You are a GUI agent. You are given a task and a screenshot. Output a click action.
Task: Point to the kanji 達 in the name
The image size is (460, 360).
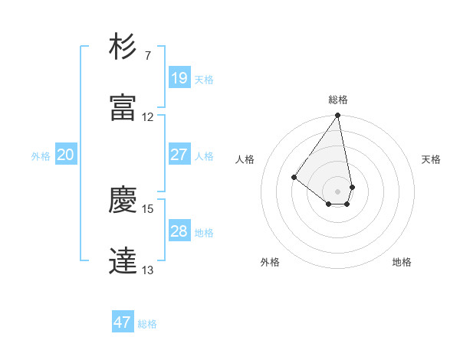[x=123, y=261]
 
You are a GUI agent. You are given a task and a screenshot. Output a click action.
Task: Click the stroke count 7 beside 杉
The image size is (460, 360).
[x=147, y=56]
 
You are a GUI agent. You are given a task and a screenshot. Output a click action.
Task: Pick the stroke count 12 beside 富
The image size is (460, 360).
[x=148, y=117]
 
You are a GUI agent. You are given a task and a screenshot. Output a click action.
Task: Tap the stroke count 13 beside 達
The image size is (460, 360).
[x=148, y=270]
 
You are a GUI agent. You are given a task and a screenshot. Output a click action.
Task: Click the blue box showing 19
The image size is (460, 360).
[x=179, y=78]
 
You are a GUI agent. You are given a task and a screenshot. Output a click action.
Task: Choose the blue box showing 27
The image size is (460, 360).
[x=179, y=155]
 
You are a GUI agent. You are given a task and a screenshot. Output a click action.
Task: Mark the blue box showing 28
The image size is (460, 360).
[x=179, y=231]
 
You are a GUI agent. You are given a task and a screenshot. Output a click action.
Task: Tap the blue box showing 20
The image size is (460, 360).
[x=65, y=155]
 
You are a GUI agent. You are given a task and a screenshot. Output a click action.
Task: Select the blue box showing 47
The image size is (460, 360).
[x=123, y=322]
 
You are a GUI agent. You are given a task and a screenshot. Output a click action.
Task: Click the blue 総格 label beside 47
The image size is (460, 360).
[x=147, y=324]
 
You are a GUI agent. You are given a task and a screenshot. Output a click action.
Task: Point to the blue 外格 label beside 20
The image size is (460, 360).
[x=41, y=156]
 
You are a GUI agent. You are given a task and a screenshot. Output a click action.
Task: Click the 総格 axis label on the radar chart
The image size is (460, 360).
[x=338, y=100]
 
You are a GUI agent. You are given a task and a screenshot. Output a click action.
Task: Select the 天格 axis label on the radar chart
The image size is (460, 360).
[x=431, y=159]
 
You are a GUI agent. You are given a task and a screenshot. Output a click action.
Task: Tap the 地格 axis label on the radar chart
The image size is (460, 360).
[x=402, y=263]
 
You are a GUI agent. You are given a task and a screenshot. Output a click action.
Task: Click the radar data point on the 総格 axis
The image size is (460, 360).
[x=337, y=116]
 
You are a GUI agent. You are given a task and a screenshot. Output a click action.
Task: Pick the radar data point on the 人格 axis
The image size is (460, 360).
[x=294, y=178]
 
